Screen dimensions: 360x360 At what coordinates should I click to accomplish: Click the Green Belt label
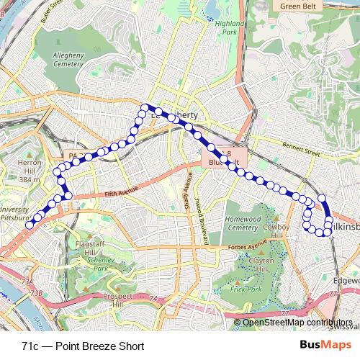tap(299, 6)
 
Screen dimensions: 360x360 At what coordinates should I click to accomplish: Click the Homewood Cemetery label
tap(243, 222)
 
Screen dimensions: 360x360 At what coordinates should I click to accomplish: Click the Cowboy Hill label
tap(276, 228)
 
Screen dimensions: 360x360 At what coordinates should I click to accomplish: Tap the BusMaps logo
tap(320, 346)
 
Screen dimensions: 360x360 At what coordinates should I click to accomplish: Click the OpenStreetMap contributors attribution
tap(297, 323)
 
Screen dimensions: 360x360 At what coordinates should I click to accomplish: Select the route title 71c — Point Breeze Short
tap(83, 346)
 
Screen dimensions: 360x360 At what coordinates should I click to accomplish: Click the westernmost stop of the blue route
tap(30, 225)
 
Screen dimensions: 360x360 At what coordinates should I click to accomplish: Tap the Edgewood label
tap(348, 282)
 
